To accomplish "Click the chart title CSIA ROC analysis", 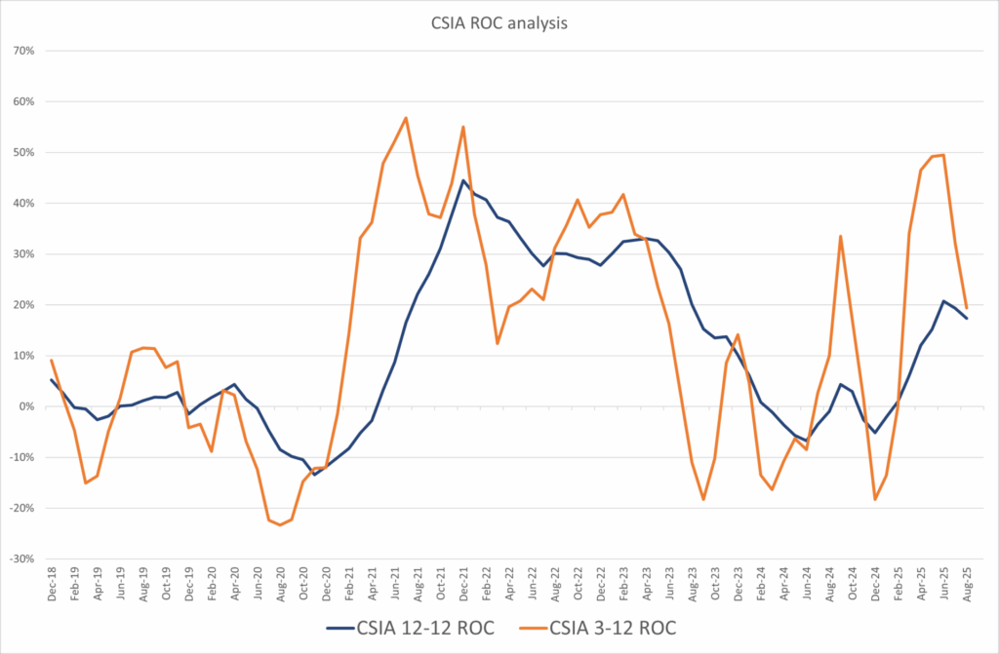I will pos(499,21).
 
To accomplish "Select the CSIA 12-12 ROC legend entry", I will pos(410,629).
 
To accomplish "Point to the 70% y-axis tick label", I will pos(22,51).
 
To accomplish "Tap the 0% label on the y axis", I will pos(26,406).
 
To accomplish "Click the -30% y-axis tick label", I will pos(20,559).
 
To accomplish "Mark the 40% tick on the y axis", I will pos(22,203).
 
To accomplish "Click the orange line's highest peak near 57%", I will pos(406,118).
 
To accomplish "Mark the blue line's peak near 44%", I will pos(463,180).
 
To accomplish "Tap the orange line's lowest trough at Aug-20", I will pos(280,525).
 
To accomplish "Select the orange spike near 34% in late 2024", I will pos(840,236).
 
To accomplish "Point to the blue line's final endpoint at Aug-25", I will pos(966,318).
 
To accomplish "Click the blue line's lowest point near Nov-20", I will pos(314,474).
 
